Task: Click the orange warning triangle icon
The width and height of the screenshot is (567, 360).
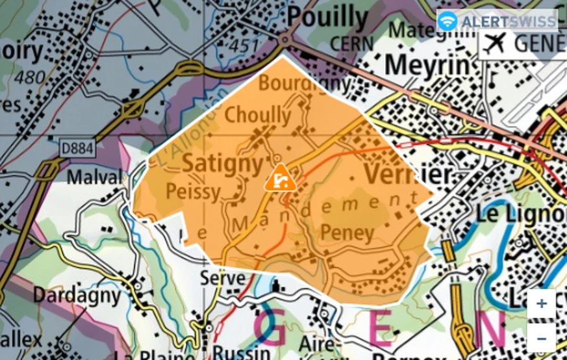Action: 280,178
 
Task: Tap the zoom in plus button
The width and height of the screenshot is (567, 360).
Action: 541,304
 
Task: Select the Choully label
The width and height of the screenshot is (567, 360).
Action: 258,115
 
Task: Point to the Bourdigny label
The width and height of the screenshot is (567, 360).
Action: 305,84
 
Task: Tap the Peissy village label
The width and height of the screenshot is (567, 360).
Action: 194,191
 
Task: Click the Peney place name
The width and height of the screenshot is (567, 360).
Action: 347,233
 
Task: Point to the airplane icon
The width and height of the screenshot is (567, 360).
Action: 495,44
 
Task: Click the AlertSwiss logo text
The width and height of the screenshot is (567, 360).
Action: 508,21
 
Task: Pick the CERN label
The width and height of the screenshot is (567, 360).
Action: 351,43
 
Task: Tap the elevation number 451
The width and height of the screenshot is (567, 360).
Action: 244,46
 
